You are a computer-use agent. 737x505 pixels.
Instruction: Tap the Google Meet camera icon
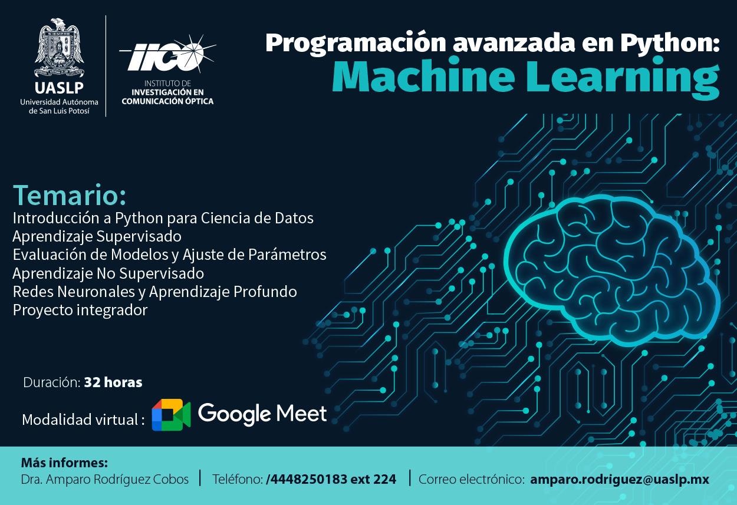[171, 415]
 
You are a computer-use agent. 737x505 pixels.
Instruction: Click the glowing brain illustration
[611, 270]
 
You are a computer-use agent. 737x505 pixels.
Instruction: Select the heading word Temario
[70, 195]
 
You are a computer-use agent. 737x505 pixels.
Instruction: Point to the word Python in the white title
[670, 43]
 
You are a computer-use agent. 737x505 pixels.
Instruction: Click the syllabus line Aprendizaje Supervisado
[97, 236]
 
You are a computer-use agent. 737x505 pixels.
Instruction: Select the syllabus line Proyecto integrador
[80, 310]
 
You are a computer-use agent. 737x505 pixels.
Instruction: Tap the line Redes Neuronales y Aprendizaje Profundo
[154, 292]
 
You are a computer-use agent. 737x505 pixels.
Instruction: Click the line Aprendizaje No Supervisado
[108, 273]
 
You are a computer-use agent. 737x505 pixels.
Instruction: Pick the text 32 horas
[113, 382]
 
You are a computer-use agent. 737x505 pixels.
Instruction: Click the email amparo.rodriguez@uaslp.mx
[620, 479]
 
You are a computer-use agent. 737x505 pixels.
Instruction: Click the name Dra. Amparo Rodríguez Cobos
[104, 480]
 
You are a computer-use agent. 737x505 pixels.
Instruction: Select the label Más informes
[64, 463]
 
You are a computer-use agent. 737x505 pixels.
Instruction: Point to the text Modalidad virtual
[83, 420]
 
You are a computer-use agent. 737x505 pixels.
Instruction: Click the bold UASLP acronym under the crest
[59, 88]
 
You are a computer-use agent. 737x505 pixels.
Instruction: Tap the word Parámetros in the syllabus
[287, 255]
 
